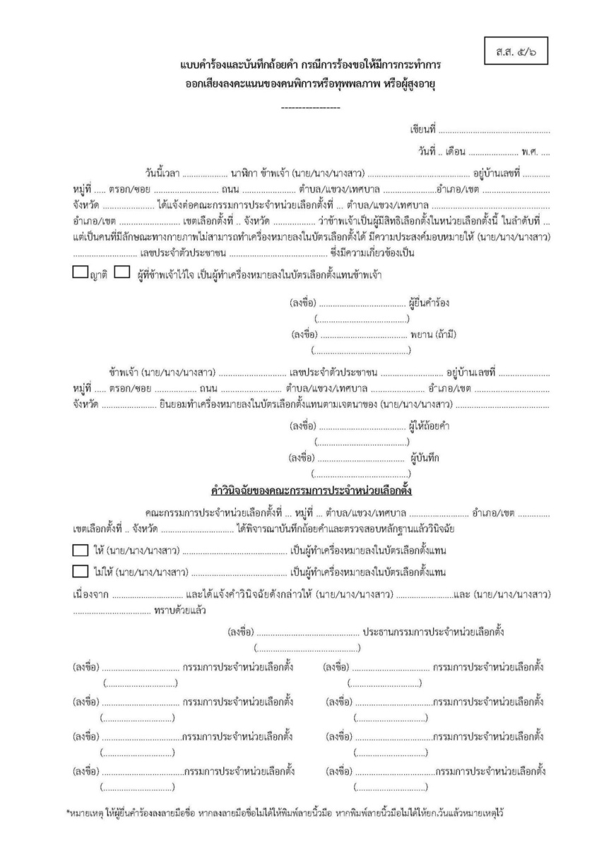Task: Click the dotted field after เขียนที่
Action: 494,131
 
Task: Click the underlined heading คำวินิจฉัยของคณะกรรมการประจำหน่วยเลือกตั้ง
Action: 307,489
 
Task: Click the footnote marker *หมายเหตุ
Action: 85,813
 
